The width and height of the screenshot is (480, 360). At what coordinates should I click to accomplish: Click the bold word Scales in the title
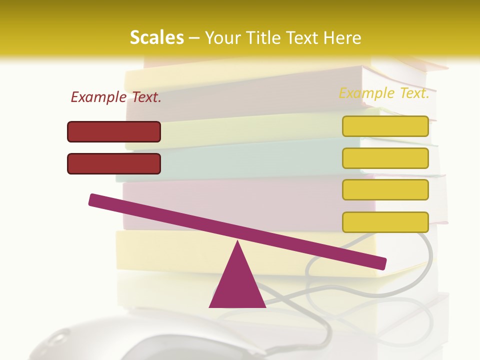click(x=156, y=37)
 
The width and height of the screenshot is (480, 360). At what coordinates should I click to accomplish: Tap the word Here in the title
click(x=342, y=37)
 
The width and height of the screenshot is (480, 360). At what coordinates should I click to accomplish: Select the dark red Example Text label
click(x=116, y=97)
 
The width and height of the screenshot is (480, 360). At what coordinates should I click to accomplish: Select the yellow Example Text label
click(x=384, y=93)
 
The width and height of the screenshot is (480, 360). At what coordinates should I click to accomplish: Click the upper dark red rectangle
click(x=114, y=131)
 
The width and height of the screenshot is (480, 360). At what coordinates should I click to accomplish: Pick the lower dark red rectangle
click(x=114, y=163)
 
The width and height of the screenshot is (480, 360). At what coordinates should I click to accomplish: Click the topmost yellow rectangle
click(x=385, y=126)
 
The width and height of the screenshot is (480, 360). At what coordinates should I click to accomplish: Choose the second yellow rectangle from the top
click(x=385, y=158)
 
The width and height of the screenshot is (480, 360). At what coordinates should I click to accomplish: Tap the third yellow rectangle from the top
click(x=385, y=189)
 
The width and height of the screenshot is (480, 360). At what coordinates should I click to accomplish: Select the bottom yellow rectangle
click(x=385, y=222)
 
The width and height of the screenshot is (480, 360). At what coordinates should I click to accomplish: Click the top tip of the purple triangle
click(x=237, y=243)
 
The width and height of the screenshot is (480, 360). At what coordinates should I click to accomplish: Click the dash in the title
click(x=194, y=38)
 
